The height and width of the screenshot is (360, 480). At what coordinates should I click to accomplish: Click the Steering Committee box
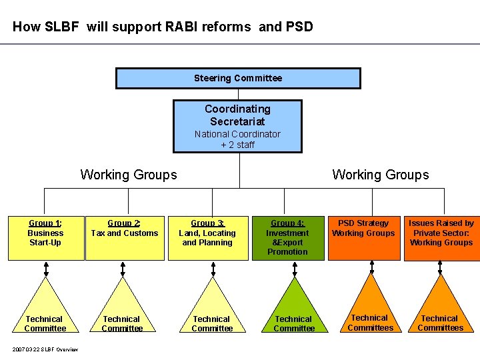[238, 79]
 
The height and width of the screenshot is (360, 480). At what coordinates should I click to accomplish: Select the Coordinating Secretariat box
[237, 126]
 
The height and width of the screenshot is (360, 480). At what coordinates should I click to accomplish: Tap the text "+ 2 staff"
[237, 145]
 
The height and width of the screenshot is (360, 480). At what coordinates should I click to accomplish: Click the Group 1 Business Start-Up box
[46, 238]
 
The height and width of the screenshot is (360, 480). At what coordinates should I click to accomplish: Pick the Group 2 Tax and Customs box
[125, 238]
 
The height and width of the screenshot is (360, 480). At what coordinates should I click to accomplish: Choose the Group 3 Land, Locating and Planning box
[208, 238]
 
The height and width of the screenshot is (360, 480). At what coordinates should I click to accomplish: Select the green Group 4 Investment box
[288, 238]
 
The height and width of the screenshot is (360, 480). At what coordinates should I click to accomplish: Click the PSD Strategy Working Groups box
[364, 238]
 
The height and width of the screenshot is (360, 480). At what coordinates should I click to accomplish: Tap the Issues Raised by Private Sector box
[442, 238]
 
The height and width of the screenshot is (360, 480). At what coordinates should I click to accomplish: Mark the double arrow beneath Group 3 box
[213, 269]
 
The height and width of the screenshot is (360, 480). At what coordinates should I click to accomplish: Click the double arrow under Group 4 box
[295, 269]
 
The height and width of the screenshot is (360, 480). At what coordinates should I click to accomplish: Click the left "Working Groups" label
[129, 175]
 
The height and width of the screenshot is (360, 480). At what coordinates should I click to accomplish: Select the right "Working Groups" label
[381, 175]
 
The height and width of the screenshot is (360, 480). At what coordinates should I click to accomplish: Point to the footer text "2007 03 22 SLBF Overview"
[45, 349]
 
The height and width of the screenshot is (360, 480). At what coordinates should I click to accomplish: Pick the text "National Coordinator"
[237, 134]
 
